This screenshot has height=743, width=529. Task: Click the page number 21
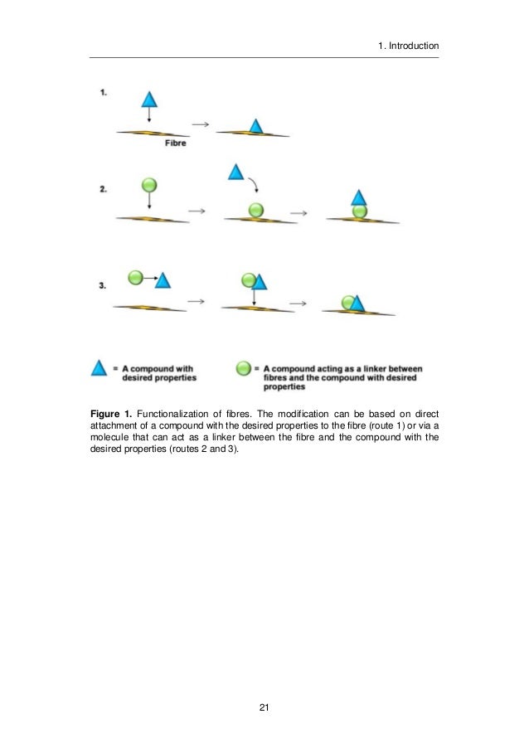pyautogui.click(x=264, y=707)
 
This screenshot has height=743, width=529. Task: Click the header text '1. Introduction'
pyautogui.click(x=407, y=46)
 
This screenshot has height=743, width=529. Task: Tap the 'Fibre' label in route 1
pyautogui.click(x=175, y=143)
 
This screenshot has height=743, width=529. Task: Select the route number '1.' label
pyautogui.click(x=103, y=94)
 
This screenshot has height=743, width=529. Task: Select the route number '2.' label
pyautogui.click(x=103, y=189)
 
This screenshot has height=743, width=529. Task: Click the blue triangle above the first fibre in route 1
pyautogui.click(x=148, y=100)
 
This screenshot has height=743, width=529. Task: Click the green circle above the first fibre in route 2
pyautogui.click(x=149, y=185)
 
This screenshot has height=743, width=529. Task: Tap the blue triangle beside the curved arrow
pyautogui.click(x=235, y=173)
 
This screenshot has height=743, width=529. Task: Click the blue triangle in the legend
pyautogui.click(x=99, y=368)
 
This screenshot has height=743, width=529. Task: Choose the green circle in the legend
pyautogui.click(x=243, y=368)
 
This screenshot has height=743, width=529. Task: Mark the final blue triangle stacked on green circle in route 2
pyautogui.click(x=358, y=198)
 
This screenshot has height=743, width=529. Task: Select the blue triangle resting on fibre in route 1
pyautogui.click(x=256, y=126)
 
